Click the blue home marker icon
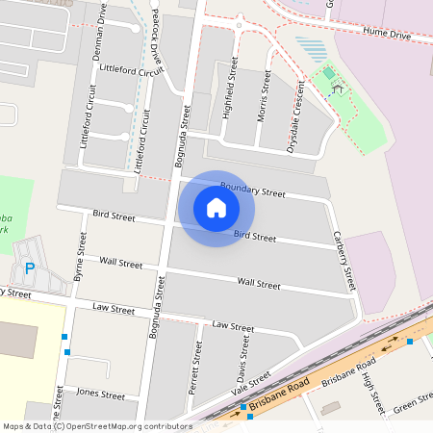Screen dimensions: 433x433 (x=216, y=208)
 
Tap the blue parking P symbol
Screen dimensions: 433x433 (x=30, y=267)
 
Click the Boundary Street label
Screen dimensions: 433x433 (x=253, y=189)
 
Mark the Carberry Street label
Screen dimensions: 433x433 (x=344, y=260)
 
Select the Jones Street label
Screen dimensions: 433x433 (x=101, y=394)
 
